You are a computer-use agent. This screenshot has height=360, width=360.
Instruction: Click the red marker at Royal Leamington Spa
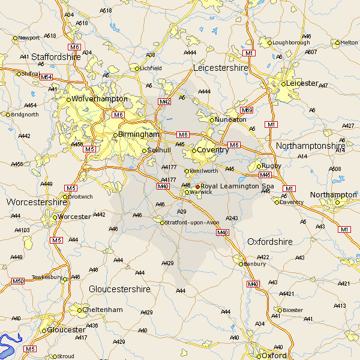point(197,187)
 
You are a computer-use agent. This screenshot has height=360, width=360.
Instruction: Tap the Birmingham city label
point(139,134)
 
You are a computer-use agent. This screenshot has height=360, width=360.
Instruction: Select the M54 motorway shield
point(46,77)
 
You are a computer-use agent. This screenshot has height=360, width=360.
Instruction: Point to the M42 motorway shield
point(164,102)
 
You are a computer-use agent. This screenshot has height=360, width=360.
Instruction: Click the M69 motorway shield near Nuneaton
point(247,110)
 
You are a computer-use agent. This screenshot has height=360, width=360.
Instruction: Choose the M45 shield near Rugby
point(265,175)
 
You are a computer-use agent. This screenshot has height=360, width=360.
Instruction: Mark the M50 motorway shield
point(18,281)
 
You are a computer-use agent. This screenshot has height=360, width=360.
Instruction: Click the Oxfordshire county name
point(270,242)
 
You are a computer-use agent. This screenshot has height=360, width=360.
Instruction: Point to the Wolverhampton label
point(100,98)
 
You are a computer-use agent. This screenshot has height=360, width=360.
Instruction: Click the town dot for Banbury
point(241,264)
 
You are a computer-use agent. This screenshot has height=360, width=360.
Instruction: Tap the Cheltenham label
point(103,310)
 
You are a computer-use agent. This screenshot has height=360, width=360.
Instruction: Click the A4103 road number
point(22,230)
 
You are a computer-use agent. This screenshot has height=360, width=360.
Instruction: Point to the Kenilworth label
point(204,171)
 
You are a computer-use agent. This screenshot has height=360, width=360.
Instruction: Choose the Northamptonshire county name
point(310,146)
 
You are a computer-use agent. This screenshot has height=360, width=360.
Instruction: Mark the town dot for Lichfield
point(137,68)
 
